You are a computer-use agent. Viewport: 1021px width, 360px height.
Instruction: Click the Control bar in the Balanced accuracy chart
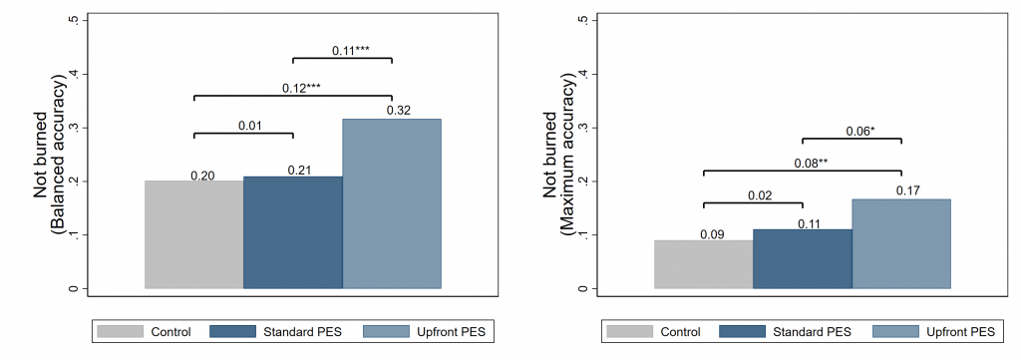(x=193, y=235)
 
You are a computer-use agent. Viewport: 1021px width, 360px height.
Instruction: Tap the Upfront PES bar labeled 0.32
(x=391, y=204)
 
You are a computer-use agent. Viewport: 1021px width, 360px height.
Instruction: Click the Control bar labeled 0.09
(x=703, y=264)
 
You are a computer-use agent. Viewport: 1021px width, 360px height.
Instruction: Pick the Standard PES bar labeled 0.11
(x=802, y=259)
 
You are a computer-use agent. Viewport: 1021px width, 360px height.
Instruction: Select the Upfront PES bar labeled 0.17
(x=900, y=244)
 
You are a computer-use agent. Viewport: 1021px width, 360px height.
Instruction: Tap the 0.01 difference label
(x=249, y=126)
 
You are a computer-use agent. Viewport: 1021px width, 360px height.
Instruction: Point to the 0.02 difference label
(x=760, y=196)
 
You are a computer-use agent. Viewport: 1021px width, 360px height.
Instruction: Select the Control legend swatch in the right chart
(x=629, y=331)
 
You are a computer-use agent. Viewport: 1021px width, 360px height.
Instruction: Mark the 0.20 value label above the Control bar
(x=202, y=176)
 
